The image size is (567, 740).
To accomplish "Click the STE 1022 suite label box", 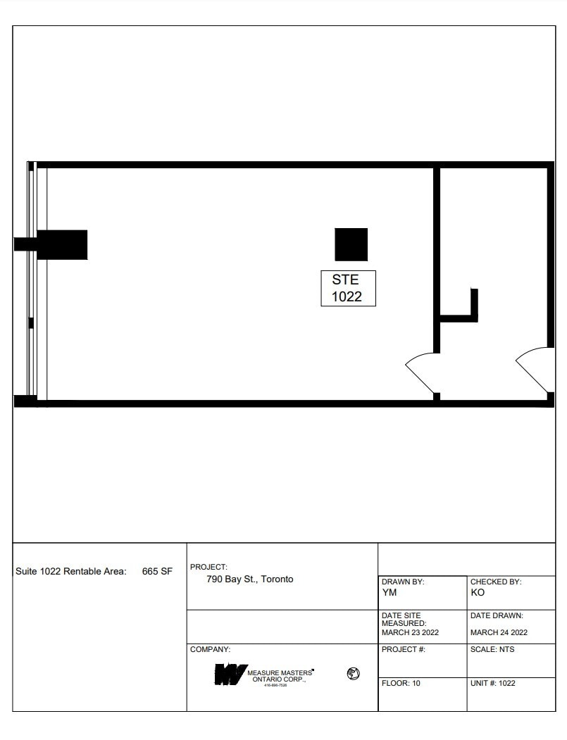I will tap(348, 288).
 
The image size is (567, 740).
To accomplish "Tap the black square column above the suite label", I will tap(351, 244).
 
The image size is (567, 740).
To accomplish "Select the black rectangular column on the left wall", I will tap(62, 244).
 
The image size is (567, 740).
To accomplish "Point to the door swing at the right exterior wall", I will tap(534, 369).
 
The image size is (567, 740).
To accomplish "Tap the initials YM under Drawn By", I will tap(390, 592).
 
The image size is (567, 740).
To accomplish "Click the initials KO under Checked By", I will tap(478, 592).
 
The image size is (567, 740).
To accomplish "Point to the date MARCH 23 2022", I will tap(410, 632).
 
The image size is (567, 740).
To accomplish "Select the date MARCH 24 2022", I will tap(499, 632).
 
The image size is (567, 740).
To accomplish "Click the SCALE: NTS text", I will tap(492, 649).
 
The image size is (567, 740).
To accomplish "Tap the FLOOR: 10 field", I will tap(401, 683).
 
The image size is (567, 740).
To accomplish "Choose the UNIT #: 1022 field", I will tap(492, 683).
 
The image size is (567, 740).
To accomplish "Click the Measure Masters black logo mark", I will tap(230, 675).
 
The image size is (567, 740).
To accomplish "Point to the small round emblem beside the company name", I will tap(353, 674).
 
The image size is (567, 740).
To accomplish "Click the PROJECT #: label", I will tap(404, 649).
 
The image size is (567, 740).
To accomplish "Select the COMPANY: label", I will tap(211, 649).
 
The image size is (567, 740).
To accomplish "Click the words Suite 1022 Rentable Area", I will tap(70, 572).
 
